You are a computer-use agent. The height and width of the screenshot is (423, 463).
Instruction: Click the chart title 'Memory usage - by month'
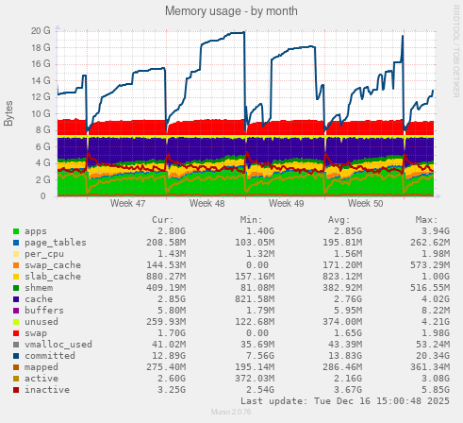pos(231,11)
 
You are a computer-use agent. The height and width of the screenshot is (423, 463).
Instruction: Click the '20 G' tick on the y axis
pos(40,30)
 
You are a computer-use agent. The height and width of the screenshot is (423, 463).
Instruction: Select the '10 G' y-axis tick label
pos(40,113)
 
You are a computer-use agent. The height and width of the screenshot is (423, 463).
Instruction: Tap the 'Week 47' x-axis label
pos(127,203)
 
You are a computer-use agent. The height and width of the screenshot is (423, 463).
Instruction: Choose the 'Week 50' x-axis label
pos(365,203)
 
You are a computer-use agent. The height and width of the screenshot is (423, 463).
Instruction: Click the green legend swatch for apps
pos(16,230)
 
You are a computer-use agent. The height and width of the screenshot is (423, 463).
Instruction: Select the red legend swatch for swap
pos(16,332)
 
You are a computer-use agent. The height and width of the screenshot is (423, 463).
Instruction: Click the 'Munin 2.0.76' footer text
pos(231,415)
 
